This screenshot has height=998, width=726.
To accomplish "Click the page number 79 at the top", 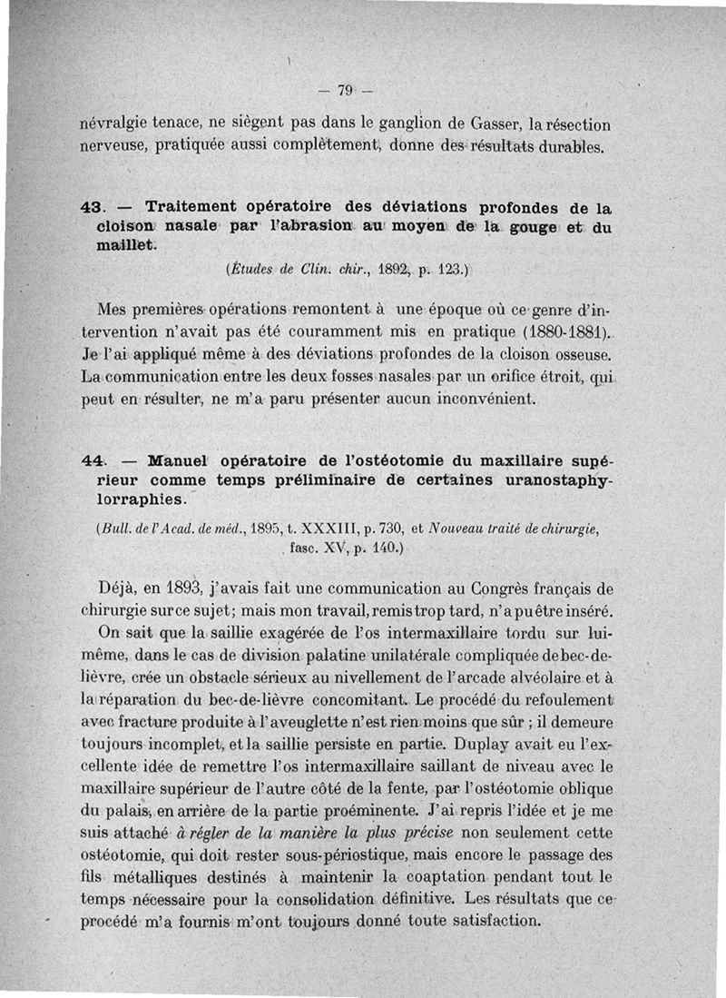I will (x=344, y=89).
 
